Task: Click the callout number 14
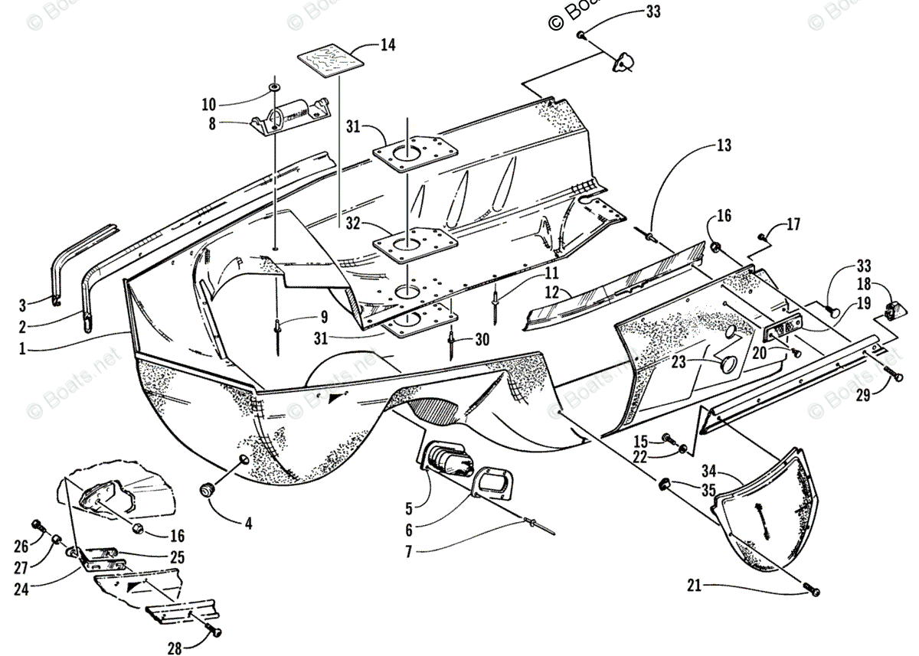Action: tap(388, 45)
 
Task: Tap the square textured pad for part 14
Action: tap(329, 63)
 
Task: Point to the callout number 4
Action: tap(248, 524)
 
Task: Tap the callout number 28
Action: tap(175, 648)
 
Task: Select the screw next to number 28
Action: tap(215, 631)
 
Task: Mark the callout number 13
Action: tap(724, 145)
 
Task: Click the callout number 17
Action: tap(793, 225)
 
